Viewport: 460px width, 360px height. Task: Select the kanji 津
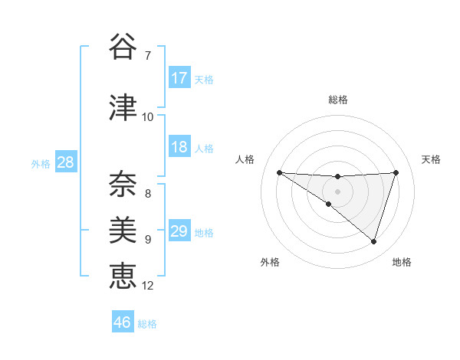coord(123,108)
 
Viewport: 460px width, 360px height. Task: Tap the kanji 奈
coord(123,182)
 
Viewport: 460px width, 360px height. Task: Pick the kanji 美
coord(123,228)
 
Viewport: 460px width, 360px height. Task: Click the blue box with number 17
coord(179,78)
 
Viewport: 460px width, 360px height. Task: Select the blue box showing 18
coord(179,147)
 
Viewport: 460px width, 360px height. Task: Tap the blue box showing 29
coord(179,231)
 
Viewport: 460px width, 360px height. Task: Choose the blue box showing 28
coord(65,162)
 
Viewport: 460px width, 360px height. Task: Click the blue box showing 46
coord(123,322)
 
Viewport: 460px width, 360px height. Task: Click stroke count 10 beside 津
coord(147,117)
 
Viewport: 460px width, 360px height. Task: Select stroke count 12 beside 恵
coord(148,286)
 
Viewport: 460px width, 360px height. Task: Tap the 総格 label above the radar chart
coord(337,100)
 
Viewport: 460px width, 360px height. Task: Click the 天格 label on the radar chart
coord(432,159)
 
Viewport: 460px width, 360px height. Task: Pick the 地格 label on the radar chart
coord(402,262)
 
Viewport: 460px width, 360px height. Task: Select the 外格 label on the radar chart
coord(270,262)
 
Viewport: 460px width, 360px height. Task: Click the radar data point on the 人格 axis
coord(279,172)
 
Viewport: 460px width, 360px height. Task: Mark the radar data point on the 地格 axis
coord(374,242)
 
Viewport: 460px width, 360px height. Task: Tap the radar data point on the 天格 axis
coord(396,172)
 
